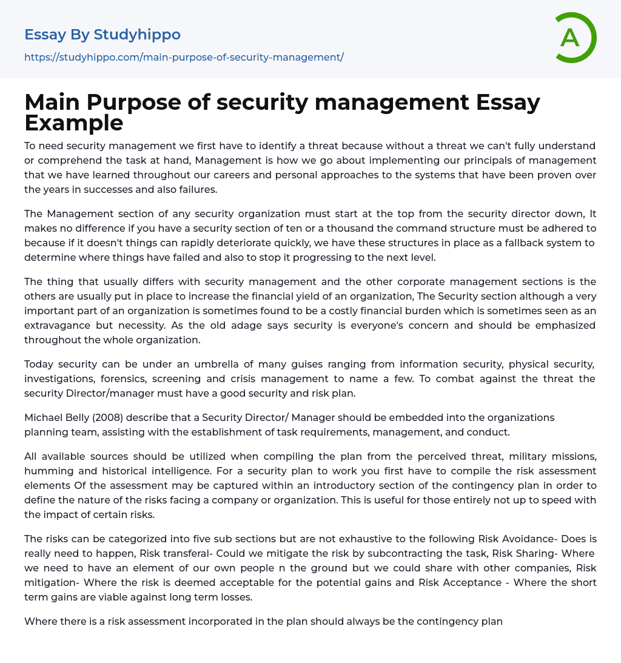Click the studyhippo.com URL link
[x=184, y=57]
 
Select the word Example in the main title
[x=74, y=123]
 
